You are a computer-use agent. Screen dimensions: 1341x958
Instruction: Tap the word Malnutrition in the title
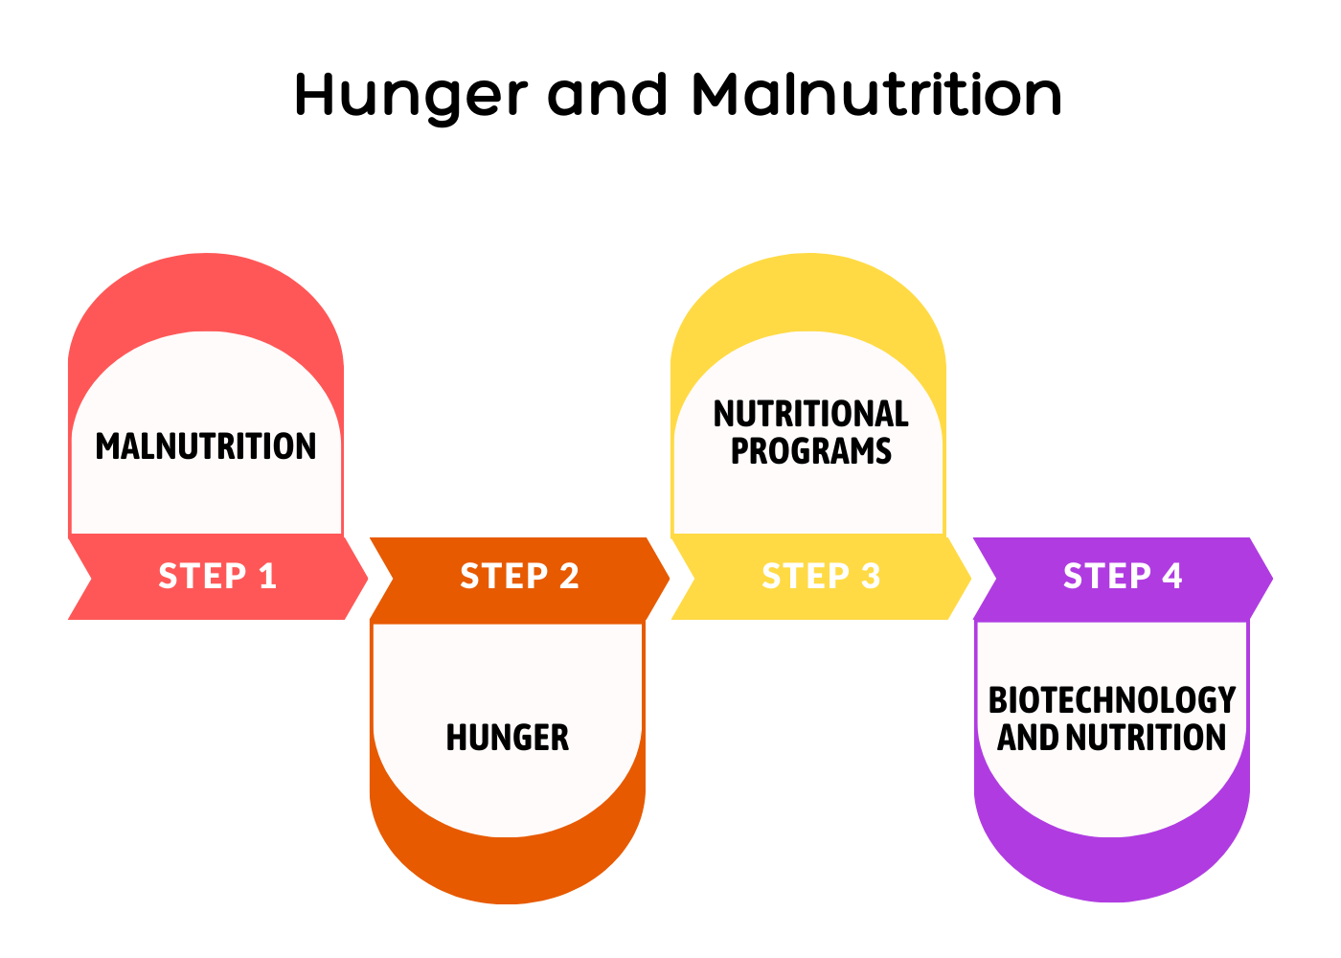click(x=876, y=94)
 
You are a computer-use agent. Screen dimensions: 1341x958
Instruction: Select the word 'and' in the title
click(x=607, y=94)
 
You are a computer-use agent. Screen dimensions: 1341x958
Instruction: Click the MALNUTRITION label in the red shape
click(x=205, y=446)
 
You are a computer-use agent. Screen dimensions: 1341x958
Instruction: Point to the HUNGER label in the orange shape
click(x=508, y=737)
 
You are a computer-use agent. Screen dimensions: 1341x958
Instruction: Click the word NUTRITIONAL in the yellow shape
click(x=811, y=414)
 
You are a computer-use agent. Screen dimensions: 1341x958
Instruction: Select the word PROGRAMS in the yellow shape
click(x=811, y=451)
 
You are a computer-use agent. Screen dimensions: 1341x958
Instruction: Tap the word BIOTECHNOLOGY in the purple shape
click(x=1112, y=700)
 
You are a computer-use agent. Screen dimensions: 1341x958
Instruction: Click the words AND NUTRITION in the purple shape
click(x=1112, y=737)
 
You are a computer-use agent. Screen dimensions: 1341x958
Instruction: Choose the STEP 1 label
click(x=217, y=576)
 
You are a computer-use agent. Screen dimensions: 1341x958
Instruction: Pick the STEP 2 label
click(x=519, y=576)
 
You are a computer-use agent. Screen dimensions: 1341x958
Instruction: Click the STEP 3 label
click(x=821, y=576)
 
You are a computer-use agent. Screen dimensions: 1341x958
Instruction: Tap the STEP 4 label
click(x=1123, y=576)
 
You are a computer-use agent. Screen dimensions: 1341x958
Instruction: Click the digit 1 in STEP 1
click(x=267, y=576)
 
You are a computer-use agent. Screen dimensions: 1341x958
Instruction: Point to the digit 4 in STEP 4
click(x=1171, y=576)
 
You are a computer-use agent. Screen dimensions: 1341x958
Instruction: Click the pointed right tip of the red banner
click(x=368, y=579)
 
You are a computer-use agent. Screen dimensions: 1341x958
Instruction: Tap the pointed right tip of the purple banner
click(x=1273, y=579)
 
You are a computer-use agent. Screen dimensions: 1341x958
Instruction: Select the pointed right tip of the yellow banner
click(x=971, y=579)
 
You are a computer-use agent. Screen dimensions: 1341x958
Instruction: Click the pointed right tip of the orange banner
click(x=670, y=579)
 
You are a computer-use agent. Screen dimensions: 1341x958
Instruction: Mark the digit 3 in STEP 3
click(x=871, y=576)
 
